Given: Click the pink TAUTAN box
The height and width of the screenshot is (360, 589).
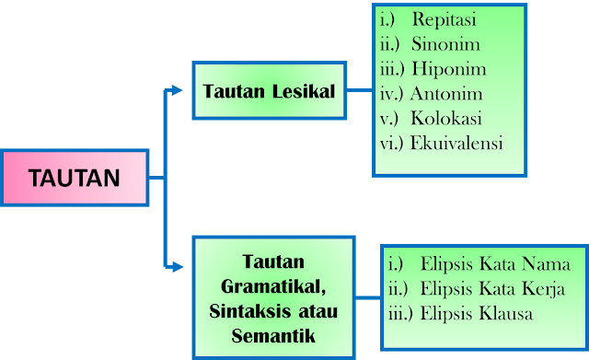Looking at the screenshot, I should coord(75,178).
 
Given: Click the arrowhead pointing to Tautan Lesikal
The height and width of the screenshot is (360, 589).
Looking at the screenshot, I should coord(179,90).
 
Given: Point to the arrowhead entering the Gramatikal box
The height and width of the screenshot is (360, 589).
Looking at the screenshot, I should coord(179,267).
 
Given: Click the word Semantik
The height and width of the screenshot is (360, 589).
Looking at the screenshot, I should coord(273,336).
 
